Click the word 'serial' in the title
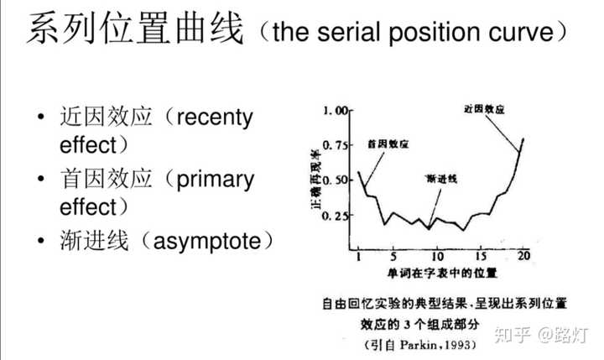tap(349, 32)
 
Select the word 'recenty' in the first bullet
tap(215, 117)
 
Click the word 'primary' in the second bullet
tap(216, 180)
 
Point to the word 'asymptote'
tap(207, 242)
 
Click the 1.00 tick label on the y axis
tap(336, 111)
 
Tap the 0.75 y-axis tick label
tap(336, 145)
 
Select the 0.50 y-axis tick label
tap(336, 180)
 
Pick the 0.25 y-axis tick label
tap(336, 216)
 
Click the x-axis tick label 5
tap(393, 256)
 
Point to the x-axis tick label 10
tap(437, 256)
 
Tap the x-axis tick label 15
tap(482, 256)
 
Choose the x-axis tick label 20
tap(523, 256)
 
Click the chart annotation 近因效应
tap(484, 109)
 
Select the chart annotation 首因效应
tap(388, 144)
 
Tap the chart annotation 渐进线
tap(441, 179)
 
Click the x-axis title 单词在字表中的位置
tap(442, 274)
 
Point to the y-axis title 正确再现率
tap(315, 179)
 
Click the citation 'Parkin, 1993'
tap(435, 344)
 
